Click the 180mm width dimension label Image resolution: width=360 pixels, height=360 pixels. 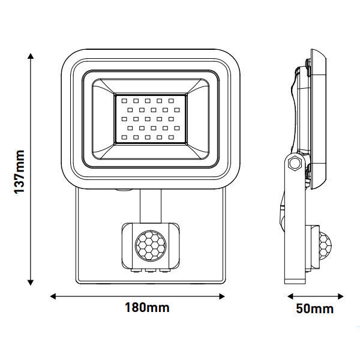coord(147,308)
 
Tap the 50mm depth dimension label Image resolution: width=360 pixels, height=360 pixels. coord(314,309)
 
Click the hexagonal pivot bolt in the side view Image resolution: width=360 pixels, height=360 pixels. coord(294,163)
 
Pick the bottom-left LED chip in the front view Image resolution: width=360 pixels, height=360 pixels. coord(124,137)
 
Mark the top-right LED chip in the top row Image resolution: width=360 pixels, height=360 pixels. coord(171,100)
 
